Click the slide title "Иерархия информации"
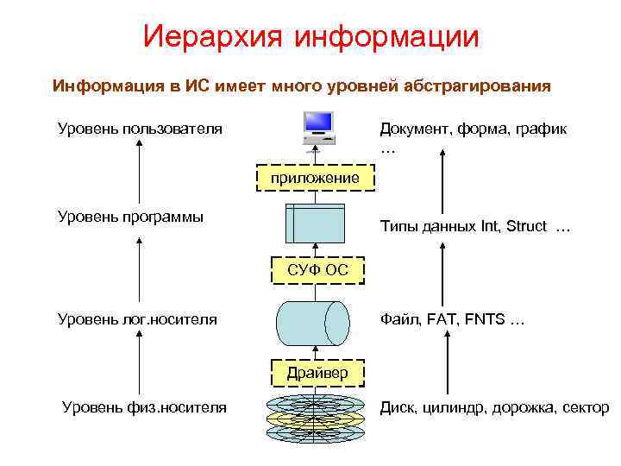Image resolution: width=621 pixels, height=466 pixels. pyautogui.click(x=310, y=36)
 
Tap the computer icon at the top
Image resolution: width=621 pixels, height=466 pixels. pyautogui.click(x=317, y=129)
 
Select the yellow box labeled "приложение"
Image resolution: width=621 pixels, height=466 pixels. pyautogui.click(x=314, y=178)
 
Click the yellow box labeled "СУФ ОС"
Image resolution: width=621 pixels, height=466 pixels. pyautogui.click(x=317, y=270)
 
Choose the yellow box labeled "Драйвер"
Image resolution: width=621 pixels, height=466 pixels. pyautogui.click(x=317, y=373)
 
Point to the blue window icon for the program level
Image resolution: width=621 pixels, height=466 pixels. pyautogui.click(x=314, y=224)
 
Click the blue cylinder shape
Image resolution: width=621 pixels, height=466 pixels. pyautogui.click(x=313, y=323)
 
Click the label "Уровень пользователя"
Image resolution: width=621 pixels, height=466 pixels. pyautogui.click(x=140, y=129)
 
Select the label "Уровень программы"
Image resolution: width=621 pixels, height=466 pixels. pyautogui.click(x=130, y=217)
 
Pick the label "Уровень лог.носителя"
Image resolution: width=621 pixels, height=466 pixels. pyautogui.click(x=137, y=320)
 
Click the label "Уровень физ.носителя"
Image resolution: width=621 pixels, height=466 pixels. pyautogui.click(x=145, y=407)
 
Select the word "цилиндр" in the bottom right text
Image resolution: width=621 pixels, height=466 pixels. pyautogui.click(x=456, y=407)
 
